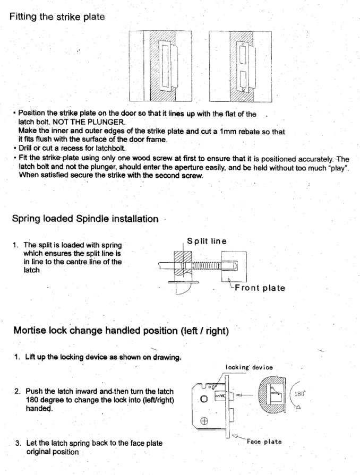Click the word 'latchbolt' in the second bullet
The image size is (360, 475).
coord(110,149)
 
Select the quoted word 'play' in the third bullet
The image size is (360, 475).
coord(339,168)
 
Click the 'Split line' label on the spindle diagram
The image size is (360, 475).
coord(207,241)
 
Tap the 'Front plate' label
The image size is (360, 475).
coord(260,288)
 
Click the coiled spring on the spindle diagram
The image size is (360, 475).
coord(206,266)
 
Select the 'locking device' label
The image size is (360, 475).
coord(249,367)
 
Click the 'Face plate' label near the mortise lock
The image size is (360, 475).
coord(264,442)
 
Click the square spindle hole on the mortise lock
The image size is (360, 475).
coord(204,399)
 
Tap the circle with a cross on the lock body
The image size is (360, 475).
coord(204,421)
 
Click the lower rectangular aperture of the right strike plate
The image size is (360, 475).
coord(243,79)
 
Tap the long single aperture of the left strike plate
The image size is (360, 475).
coord(165,66)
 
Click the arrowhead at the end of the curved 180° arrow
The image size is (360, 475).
coord(298,407)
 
